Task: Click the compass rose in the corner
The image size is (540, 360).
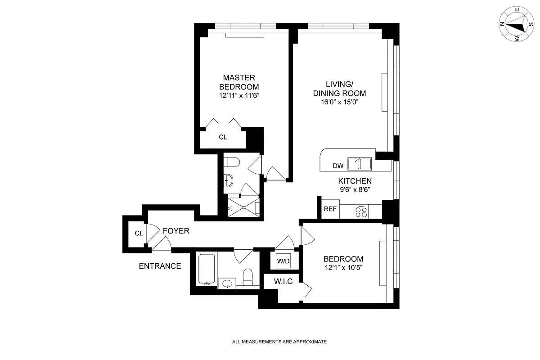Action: tap(517, 24)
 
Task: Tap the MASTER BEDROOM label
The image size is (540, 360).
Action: tap(239, 82)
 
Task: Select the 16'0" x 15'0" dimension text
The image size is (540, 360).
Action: tap(339, 102)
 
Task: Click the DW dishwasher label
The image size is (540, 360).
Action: tap(338, 166)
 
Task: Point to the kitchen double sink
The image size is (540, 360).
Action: tap(360, 164)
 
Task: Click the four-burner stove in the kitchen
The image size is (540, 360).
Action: tap(361, 211)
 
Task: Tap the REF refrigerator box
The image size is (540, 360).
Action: tap(330, 209)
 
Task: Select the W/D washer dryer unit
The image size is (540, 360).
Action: tap(283, 261)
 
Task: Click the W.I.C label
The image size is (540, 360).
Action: tap(283, 281)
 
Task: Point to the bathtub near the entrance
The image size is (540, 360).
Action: tap(207, 269)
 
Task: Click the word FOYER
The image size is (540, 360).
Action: tap(176, 231)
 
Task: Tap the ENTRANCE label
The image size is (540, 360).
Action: tap(160, 266)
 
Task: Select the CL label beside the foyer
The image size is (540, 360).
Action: tap(139, 234)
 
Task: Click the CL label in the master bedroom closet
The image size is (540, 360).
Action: tap(223, 137)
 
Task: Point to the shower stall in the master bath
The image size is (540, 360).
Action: tap(243, 207)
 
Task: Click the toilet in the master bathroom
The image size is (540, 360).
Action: tap(232, 162)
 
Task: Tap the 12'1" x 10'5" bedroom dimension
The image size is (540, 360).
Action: tap(343, 268)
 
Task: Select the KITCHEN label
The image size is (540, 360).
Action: tap(355, 181)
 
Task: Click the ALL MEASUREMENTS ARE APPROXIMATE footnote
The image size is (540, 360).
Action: tap(279, 342)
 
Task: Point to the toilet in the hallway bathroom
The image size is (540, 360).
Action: tap(247, 277)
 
